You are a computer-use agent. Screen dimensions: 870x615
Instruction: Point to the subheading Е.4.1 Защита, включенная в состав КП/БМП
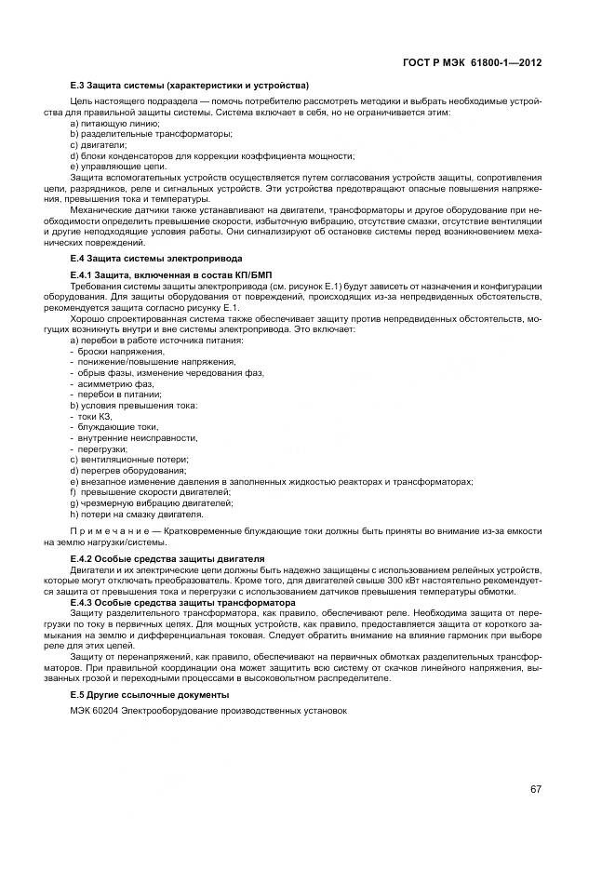click(x=165, y=275)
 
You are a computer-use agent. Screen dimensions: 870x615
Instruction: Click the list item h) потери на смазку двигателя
click(x=137, y=514)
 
